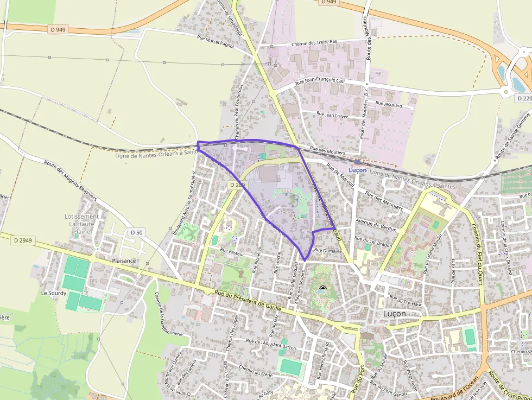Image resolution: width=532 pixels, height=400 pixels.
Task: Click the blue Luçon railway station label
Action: tap(358, 170)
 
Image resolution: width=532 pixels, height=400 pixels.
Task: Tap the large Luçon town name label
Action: tap(394, 313)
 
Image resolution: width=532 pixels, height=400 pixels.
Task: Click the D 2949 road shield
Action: tap(23, 239)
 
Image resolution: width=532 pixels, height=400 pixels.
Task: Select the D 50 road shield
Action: tap(137, 232)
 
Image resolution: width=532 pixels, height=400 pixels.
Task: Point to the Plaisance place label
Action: tap(124, 261)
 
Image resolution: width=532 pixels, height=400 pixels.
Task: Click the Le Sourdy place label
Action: tap(54, 293)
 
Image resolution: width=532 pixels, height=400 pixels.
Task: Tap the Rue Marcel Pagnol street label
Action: tap(216, 42)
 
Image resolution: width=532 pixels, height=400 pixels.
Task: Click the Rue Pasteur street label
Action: tap(232, 252)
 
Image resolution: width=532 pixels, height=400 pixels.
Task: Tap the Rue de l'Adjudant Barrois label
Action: tap(271, 344)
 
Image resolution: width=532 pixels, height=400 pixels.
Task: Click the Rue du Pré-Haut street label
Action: tap(406, 302)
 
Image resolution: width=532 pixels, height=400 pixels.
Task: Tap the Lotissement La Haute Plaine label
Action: tap(81, 224)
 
